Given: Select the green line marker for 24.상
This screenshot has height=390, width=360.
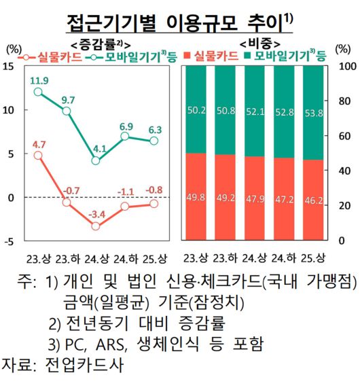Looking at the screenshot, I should coord(96,161).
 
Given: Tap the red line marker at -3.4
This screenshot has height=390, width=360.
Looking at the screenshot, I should coord(96,226).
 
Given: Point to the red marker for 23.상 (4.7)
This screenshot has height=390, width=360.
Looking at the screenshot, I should coord(38,155).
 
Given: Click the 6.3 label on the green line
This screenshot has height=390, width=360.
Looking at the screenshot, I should coord(155,129).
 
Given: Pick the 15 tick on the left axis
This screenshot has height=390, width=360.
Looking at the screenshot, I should coord(9,66).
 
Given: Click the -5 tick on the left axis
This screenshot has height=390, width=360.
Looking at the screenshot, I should coord(9,241).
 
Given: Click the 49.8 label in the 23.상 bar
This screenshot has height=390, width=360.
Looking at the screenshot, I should coord(196,197).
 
